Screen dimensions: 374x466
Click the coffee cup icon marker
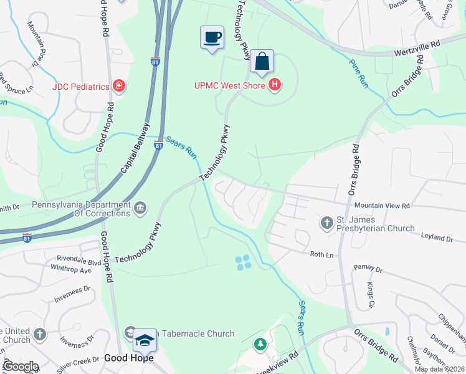[x=212, y=37]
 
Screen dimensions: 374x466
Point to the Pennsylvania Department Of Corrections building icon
[x=140, y=208]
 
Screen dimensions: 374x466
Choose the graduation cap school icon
[x=145, y=341]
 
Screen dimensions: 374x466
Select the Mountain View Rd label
[x=382, y=205]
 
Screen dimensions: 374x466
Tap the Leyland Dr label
[x=436, y=238]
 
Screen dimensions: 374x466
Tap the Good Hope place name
[x=128, y=358]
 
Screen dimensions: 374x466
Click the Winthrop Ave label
[x=71, y=270]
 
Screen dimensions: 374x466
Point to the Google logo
[x=20, y=366]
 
